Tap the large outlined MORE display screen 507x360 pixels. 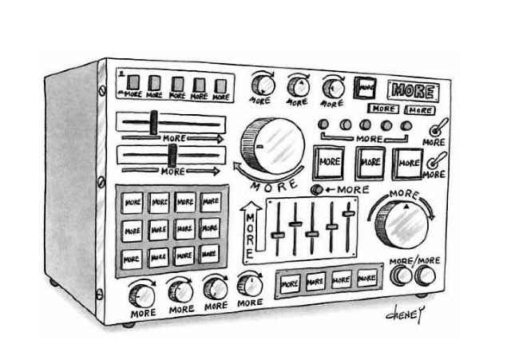(x=413, y=89)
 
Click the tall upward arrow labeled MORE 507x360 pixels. (x=248, y=228)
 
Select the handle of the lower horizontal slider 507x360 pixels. (x=171, y=156)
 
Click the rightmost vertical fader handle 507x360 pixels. (x=347, y=214)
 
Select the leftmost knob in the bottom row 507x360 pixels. (x=143, y=295)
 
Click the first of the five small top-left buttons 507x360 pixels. (x=134, y=83)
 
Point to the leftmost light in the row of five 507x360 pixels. (x=324, y=125)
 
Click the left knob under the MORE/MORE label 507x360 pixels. (x=402, y=276)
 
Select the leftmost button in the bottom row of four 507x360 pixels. (x=290, y=281)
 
